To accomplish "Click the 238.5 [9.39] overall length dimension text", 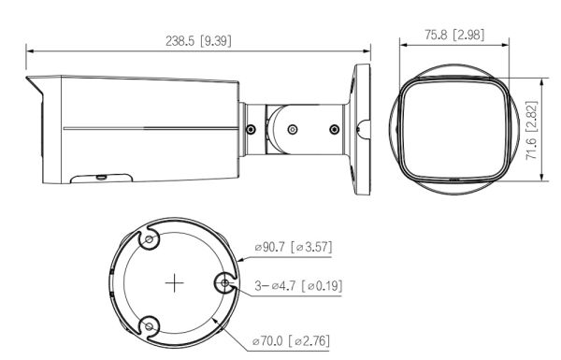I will coord(198,41).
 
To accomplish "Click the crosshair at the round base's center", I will coord(172,282).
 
